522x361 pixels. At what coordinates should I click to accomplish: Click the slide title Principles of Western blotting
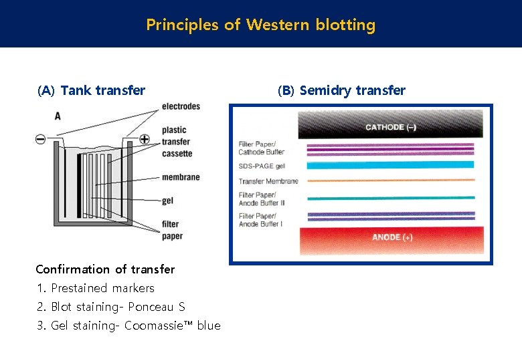point(260,25)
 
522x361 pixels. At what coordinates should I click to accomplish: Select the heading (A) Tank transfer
point(91,90)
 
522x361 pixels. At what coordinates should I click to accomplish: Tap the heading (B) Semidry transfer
point(341,90)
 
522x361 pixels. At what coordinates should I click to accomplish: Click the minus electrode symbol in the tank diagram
point(40,139)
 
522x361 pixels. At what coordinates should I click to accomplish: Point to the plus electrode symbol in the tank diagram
point(145,139)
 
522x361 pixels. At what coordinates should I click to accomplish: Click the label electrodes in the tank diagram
point(181,106)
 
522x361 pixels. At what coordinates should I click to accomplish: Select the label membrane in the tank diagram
point(181,177)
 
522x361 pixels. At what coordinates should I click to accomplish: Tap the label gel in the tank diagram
point(168,201)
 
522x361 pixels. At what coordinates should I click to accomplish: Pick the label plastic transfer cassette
point(177,142)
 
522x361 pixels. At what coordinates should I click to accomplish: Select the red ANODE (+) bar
point(391,238)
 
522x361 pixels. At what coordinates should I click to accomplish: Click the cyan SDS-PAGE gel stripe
point(390,164)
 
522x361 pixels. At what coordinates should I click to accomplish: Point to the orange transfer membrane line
point(390,180)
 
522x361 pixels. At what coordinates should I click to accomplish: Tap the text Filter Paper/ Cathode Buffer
point(262,148)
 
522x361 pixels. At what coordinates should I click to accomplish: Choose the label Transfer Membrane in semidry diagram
point(268,181)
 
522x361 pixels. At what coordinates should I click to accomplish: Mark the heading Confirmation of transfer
point(105,269)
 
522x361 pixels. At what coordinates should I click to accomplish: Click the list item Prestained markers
point(102,288)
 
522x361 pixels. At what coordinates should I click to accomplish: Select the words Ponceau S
point(157,307)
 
